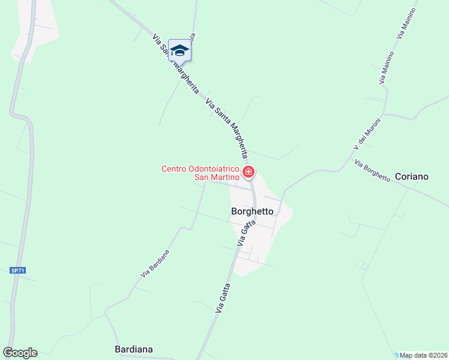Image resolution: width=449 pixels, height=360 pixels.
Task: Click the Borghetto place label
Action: pyautogui.click(x=252, y=211)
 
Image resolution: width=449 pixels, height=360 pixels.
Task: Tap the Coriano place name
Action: pyautogui.click(x=412, y=176)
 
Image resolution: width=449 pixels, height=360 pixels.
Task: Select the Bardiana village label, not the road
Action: pyautogui.click(x=133, y=349)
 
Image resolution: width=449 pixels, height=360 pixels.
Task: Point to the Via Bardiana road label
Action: pyautogui.click(x=155, y=263)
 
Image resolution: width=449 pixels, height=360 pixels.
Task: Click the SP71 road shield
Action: pyautogui.click(x=18, y=271)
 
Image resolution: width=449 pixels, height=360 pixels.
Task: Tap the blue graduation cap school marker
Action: pyautogui.click(x=179, y=50)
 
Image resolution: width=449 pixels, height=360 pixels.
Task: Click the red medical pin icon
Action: pyautogui.click(x=249, y=173)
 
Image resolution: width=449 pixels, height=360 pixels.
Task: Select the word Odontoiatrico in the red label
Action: pyautogui.click(x=215, y=169)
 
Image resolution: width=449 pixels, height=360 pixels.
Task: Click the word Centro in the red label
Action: pyautogui.click(x=175, y=169)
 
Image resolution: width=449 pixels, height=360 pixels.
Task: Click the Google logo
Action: pyautogui.click(x=20, y=353)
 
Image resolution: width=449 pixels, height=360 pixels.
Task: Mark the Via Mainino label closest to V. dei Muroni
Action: pyautogui.click(x=387, y=67)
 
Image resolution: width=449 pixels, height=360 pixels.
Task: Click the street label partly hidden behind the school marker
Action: pyautogui.click(x=192, y=37)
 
